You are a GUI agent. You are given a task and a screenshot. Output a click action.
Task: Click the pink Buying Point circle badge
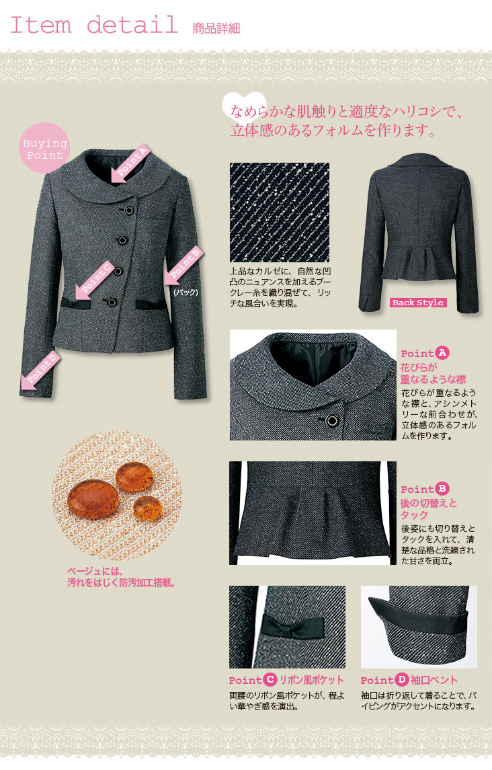[x=44, y=148]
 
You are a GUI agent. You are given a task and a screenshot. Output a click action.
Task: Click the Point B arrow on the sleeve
[x=183, y=264]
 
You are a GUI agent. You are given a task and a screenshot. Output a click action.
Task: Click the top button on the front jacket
[x=128, y=210]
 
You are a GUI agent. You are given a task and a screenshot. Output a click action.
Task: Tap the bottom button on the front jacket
[x=112, y=302]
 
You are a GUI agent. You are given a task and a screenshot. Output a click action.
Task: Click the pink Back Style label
[x=418, y=303]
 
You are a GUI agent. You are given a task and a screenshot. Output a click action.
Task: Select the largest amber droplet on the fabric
[x=93, y=500]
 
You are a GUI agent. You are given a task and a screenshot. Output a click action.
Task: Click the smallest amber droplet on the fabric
[x=148, y=508]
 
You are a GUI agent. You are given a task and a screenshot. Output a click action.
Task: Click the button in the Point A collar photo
[x=332, y=420]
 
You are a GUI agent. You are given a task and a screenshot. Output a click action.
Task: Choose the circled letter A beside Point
[x=442, y=352]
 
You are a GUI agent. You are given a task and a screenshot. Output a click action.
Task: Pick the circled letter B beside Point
[x=442, y=488]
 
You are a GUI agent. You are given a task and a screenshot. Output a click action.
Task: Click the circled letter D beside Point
[x=402, y=679]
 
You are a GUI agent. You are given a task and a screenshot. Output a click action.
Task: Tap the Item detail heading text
[x=94, y=25]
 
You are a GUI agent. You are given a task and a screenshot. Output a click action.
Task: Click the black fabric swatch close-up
[x=280, y=212]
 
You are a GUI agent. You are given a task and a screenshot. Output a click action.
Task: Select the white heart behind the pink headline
[x=244, y=106]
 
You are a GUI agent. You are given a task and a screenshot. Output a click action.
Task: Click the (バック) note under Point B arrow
[x=186, y=292]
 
